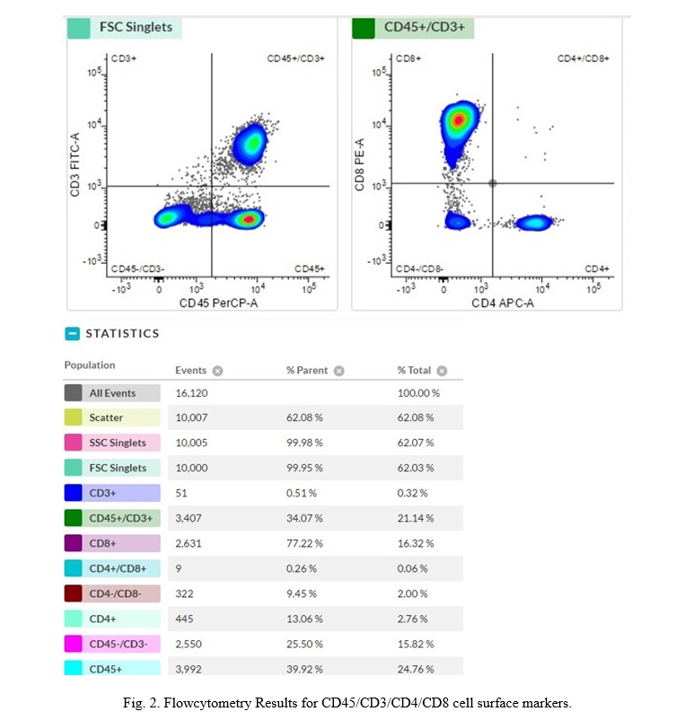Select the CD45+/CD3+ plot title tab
point(423,28)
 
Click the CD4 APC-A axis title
point(503,303)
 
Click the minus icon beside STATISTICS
point(73,334)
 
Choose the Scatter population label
point(107,417)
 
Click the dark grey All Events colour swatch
point(74,393)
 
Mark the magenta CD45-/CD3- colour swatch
point(74,644)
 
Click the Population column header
point(90,365)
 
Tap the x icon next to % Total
point(442,371)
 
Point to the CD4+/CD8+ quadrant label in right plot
point(583,58)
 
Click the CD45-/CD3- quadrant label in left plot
point(137,268)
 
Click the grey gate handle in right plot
point(492,183)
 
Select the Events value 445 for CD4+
point(184,619)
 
